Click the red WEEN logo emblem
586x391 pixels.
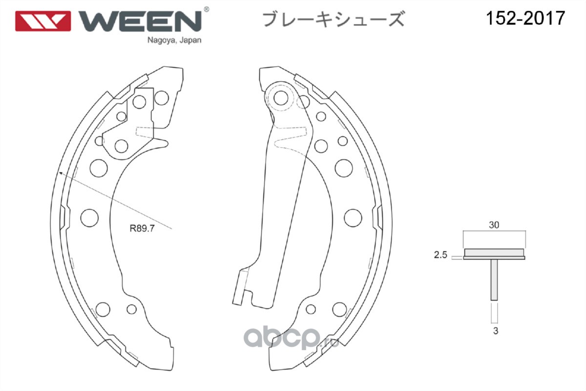click(x=43, y=21)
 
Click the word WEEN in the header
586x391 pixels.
click(x=140, y=21)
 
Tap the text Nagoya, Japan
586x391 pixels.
click(x=174, y=41)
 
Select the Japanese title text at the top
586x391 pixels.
click(x=334, y=19)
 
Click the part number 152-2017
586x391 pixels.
click(x=525, y=18)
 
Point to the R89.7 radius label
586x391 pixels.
click(x=142, y=228)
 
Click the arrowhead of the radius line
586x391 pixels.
click(x=61, y=173)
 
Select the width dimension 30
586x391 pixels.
click(x=494, y=225)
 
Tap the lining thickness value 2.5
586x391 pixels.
click(x=440, y=255)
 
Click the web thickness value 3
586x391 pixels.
click(x=496, y=331)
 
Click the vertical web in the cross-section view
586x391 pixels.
click(x=494, y=280)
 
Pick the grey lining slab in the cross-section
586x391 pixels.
click(x=494, y=253)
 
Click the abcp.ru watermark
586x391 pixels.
click(x=291, y=338)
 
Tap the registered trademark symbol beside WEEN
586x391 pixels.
click(x=206, y=9)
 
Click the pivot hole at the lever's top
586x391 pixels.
click(x=281, y=98)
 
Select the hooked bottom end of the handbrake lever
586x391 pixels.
click(x=242, y=287)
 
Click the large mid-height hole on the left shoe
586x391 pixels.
click(x=89, y=218)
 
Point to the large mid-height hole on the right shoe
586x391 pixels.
click(x=353, y=218)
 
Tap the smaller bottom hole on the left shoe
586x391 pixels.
click(x=131, y=309)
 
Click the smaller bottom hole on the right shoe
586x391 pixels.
click(x=311, y=309)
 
